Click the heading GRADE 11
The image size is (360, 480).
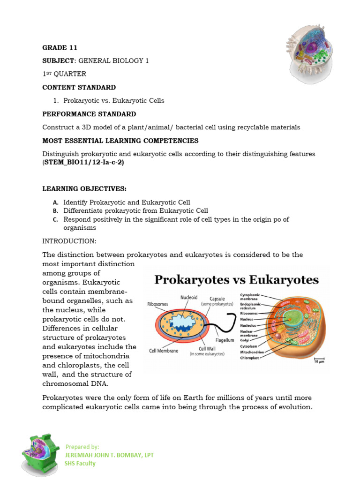60,47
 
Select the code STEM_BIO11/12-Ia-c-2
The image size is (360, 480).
84,162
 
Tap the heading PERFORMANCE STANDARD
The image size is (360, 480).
89,114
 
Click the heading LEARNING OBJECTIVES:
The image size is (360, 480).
84,189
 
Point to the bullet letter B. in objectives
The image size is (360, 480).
55,211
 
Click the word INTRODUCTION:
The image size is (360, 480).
69,241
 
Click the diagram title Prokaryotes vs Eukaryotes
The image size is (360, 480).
237,280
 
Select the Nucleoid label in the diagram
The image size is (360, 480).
189,297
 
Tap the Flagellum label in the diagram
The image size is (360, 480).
225,340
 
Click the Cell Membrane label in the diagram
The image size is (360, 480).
164,351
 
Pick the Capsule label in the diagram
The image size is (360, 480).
217,298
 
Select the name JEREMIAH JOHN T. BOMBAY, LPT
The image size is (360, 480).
109,455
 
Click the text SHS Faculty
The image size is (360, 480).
80,464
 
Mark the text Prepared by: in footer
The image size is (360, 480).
82,447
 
